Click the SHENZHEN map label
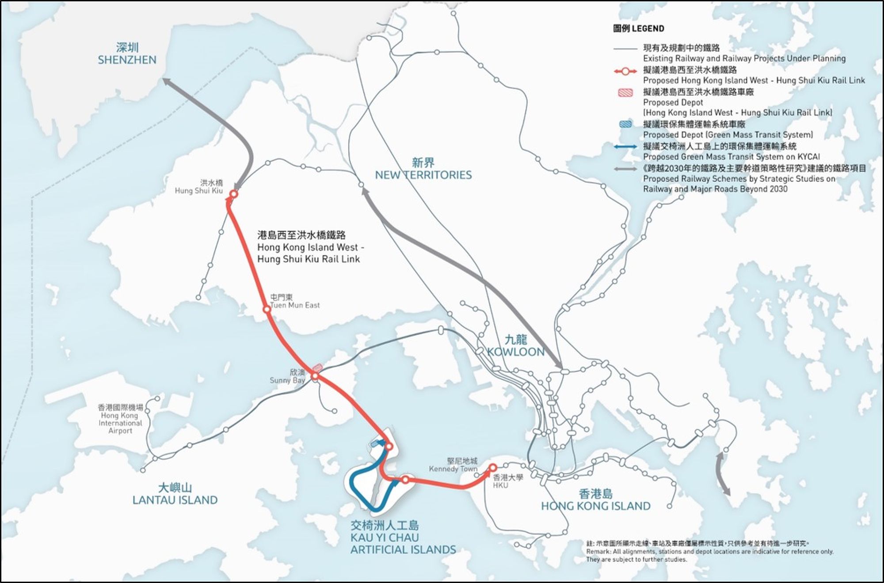pyautogui.click(x=127, y=54)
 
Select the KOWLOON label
pyautogui.click(x=516, y=346)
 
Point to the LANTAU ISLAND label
pyautogui.click(x=175, y=494)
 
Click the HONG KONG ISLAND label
pyautogui.click(x=595, y=500)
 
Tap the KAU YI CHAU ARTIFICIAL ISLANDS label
pyautogui.click(x=403, y=538)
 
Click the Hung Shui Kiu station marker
pyautogui.click(x=233, y=194)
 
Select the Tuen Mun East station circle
pyautogui.click(x=267, y=309)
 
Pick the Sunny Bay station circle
pyautogui.click(x=315, y=376)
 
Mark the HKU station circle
pyautogui.click(x=492, y=467)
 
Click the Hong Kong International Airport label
pyautogui.click(x=120, y=419)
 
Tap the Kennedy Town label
pyautogui.click(x=453, y=465)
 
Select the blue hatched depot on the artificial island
pyautogui.click(x=375, y=443)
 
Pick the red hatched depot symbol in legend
pyautogui.click(x=625, y=92)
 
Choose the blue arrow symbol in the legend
pyautogui.click(x=625, y=147)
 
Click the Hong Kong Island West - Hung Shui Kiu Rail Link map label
pyautogui.click(x=310, y=247)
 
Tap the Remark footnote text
pyautogui.click(x=709, y=552)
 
